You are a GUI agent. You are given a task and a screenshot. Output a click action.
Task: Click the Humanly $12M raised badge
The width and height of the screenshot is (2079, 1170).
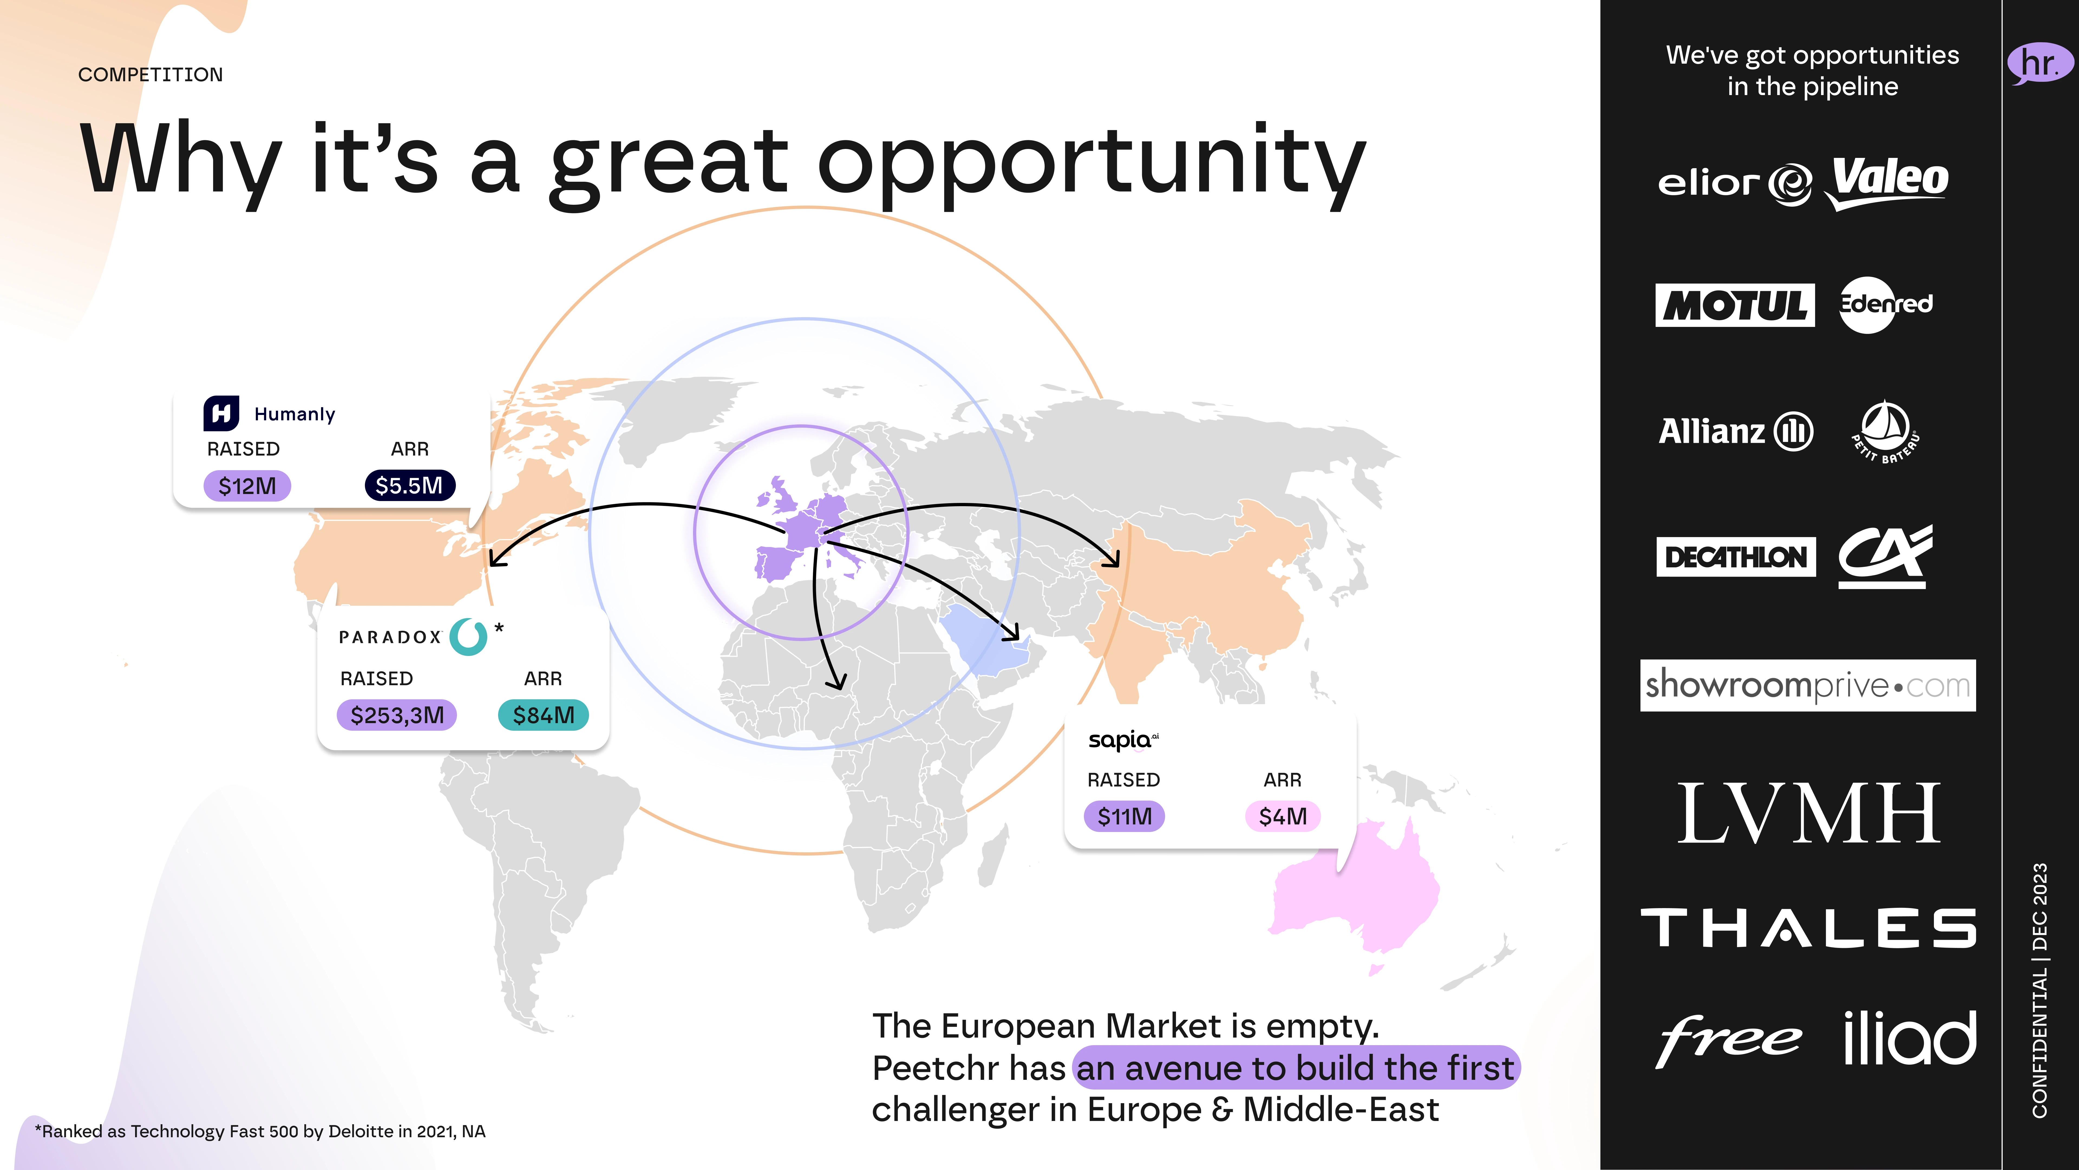click(x=247, y=485)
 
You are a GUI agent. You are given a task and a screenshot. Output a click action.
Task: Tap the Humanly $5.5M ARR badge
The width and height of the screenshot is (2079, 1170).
click(x=409, y=485)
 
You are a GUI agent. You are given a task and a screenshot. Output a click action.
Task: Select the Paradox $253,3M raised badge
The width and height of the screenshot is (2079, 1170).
click(x=396, y=715)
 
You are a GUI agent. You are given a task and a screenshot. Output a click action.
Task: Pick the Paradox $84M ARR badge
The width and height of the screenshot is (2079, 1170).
click(x=543, y=715)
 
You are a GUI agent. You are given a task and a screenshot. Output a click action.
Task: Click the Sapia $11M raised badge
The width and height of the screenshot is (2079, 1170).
click(x=1124, y=815)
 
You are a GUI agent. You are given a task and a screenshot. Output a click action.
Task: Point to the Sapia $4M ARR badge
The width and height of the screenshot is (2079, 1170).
click(x=1282, y=815)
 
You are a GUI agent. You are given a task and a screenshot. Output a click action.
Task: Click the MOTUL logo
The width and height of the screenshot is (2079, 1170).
click(x=1734, y=305)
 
